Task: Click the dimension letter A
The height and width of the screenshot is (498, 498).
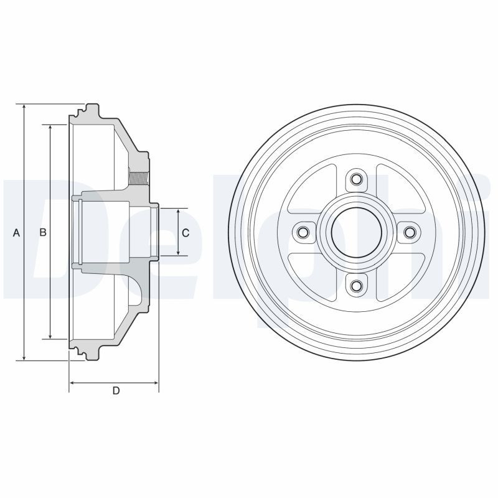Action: pyautogui.click(x=16, y=233)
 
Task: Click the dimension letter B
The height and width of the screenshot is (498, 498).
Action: pyautogui.click(x=42, y=232)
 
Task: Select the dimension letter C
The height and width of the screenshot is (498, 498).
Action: pyautogui.click(x=186, y=233)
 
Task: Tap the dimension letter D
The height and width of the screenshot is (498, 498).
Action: pyautogui.click(x=116, y=391)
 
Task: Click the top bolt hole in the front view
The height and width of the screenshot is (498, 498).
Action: pyautogui.click(x=356, y=179)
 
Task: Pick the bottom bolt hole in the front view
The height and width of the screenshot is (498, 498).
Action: pyautogui.click(x=356, y=286)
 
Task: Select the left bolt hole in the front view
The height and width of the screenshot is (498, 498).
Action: pyautogui.click(x=303, y=232)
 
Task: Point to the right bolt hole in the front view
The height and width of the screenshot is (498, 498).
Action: pyautogui.click(x=410, y=232)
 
